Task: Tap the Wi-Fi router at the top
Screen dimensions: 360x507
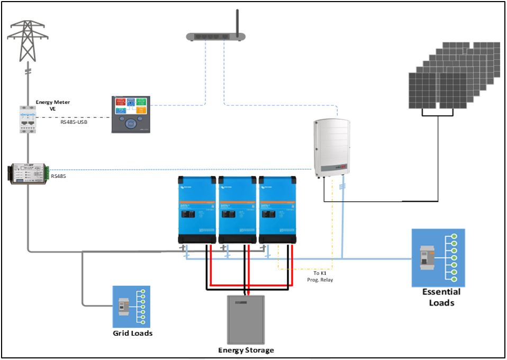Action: (x=216, y=34)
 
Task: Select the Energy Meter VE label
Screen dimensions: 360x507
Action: (x=52, y=105)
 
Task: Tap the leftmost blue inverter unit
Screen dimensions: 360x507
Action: (x=197, y=209)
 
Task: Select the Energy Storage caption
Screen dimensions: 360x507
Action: (x=246, y=350)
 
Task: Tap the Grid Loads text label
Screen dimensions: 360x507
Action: (x=132, y=333)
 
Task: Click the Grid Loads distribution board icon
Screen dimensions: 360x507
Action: (x=131, y=307)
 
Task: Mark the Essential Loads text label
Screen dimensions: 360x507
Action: (x=441, y=297)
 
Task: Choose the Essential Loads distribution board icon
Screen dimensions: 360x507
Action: (x=438, y=258)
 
